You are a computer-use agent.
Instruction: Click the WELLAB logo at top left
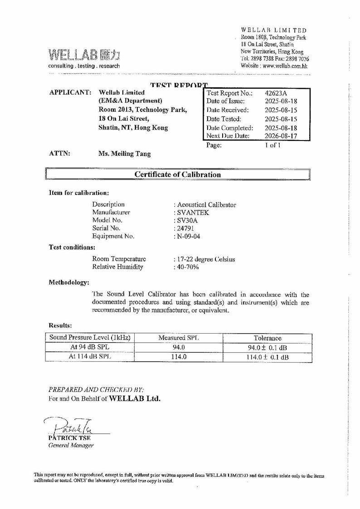tap(84, 55)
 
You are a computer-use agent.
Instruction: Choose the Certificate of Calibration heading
tap(178, 175)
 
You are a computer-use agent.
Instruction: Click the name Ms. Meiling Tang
tap(125, 154)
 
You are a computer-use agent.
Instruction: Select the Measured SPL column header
tap(179, 338)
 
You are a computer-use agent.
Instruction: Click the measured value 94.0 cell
tap(179, 348)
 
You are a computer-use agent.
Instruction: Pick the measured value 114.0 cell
tap(179, 357)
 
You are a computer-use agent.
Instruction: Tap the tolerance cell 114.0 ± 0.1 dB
tap(267, 357)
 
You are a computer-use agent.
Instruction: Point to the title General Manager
tap(71, 446)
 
